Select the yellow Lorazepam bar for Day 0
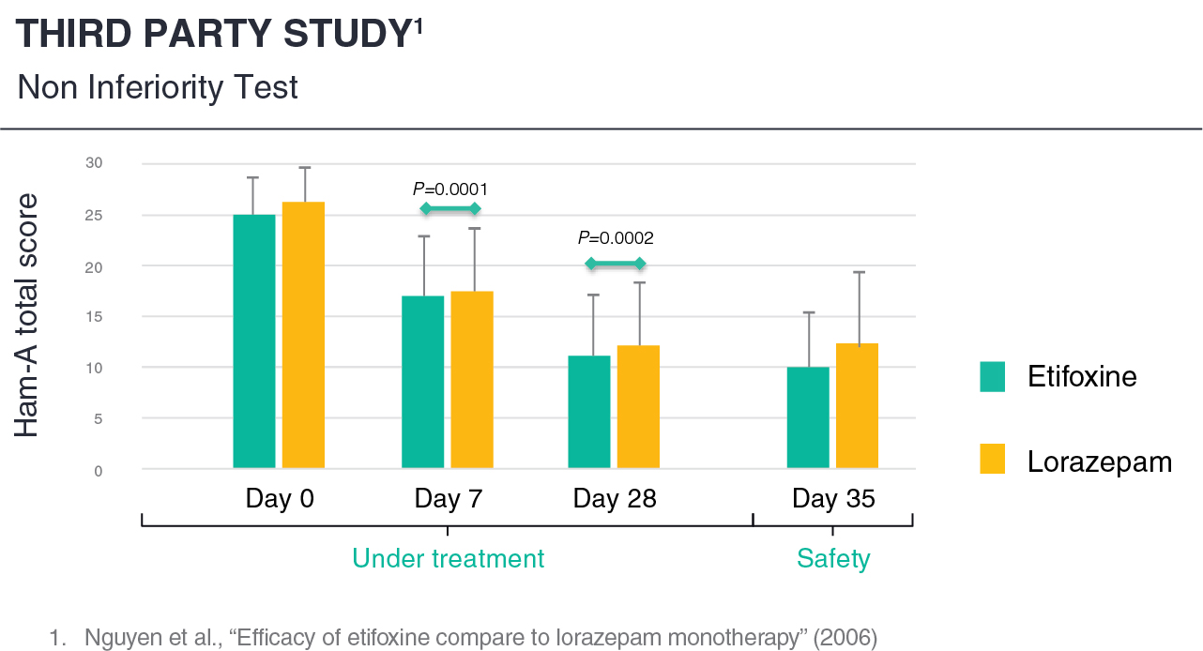pos(303,335)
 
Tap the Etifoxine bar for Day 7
pos(422,382)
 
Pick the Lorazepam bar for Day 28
pos(638,406)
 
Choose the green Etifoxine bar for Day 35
pos(808,416)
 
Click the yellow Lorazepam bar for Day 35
pos(857,405)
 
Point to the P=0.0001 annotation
pos(450,189)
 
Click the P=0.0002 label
pos(616,238)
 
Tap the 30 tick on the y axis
pos(94,163)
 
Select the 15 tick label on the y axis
pos(94,316)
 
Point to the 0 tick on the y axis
pos(98,470)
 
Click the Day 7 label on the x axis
pos(449,498)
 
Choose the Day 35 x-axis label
pos(833,498)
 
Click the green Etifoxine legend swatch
pos(992,376)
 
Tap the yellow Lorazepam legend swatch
pos(992,460)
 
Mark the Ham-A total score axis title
pos(28,315)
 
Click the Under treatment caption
pos(448,559)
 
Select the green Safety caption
pos(833,559)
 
